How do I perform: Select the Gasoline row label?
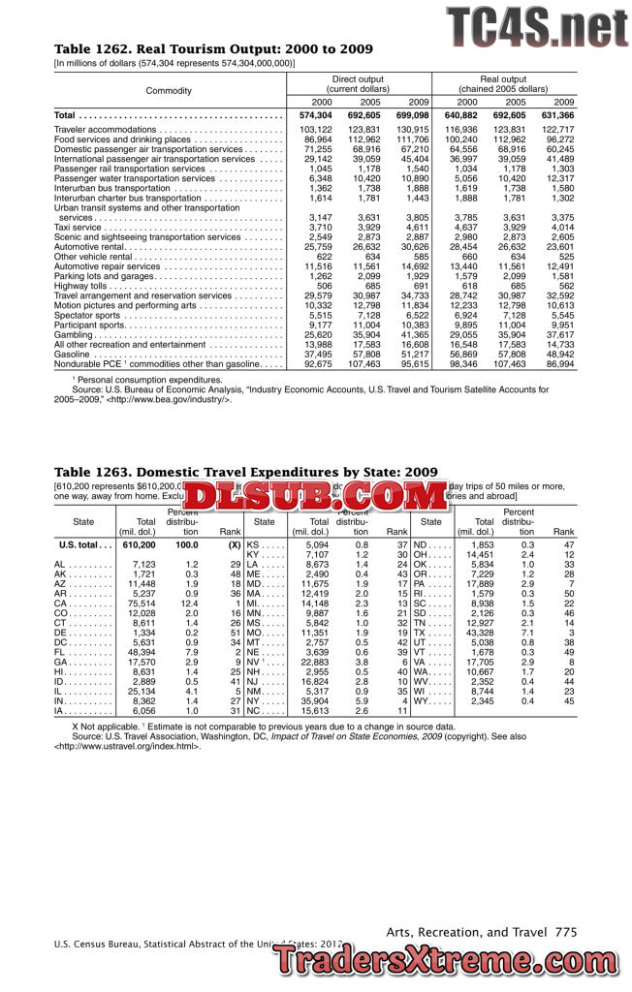click(74, 354)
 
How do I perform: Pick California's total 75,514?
click(138, 604)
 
